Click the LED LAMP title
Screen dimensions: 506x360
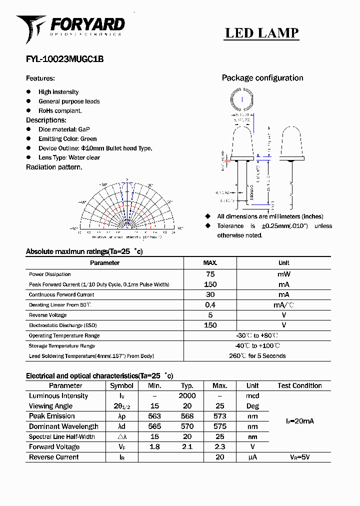tap(261, 33)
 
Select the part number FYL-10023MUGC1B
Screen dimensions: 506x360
tap(64, 58)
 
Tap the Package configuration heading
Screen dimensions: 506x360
tap(262, 78)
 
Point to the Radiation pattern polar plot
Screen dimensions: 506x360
tap(127, 205)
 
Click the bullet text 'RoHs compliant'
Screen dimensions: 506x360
tap(60, 110)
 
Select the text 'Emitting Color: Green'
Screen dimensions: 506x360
tap(67, 138)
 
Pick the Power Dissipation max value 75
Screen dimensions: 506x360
tap(210, 274)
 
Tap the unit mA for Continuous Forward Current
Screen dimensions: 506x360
tap(283, 294)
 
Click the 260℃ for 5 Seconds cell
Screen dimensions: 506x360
tap(257, 356)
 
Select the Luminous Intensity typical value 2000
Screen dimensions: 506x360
tap(187, 396)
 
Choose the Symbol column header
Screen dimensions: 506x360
tap(121, 385)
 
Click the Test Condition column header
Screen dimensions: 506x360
tap(299, 385)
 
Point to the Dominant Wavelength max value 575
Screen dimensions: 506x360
tap(219, 426)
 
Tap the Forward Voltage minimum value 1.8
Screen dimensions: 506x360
tap(154, 447)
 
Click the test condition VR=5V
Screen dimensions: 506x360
tap(299, 457)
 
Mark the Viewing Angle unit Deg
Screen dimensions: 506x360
tap(252, 406)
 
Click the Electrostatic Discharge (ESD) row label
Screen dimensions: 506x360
tap(62, 325)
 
